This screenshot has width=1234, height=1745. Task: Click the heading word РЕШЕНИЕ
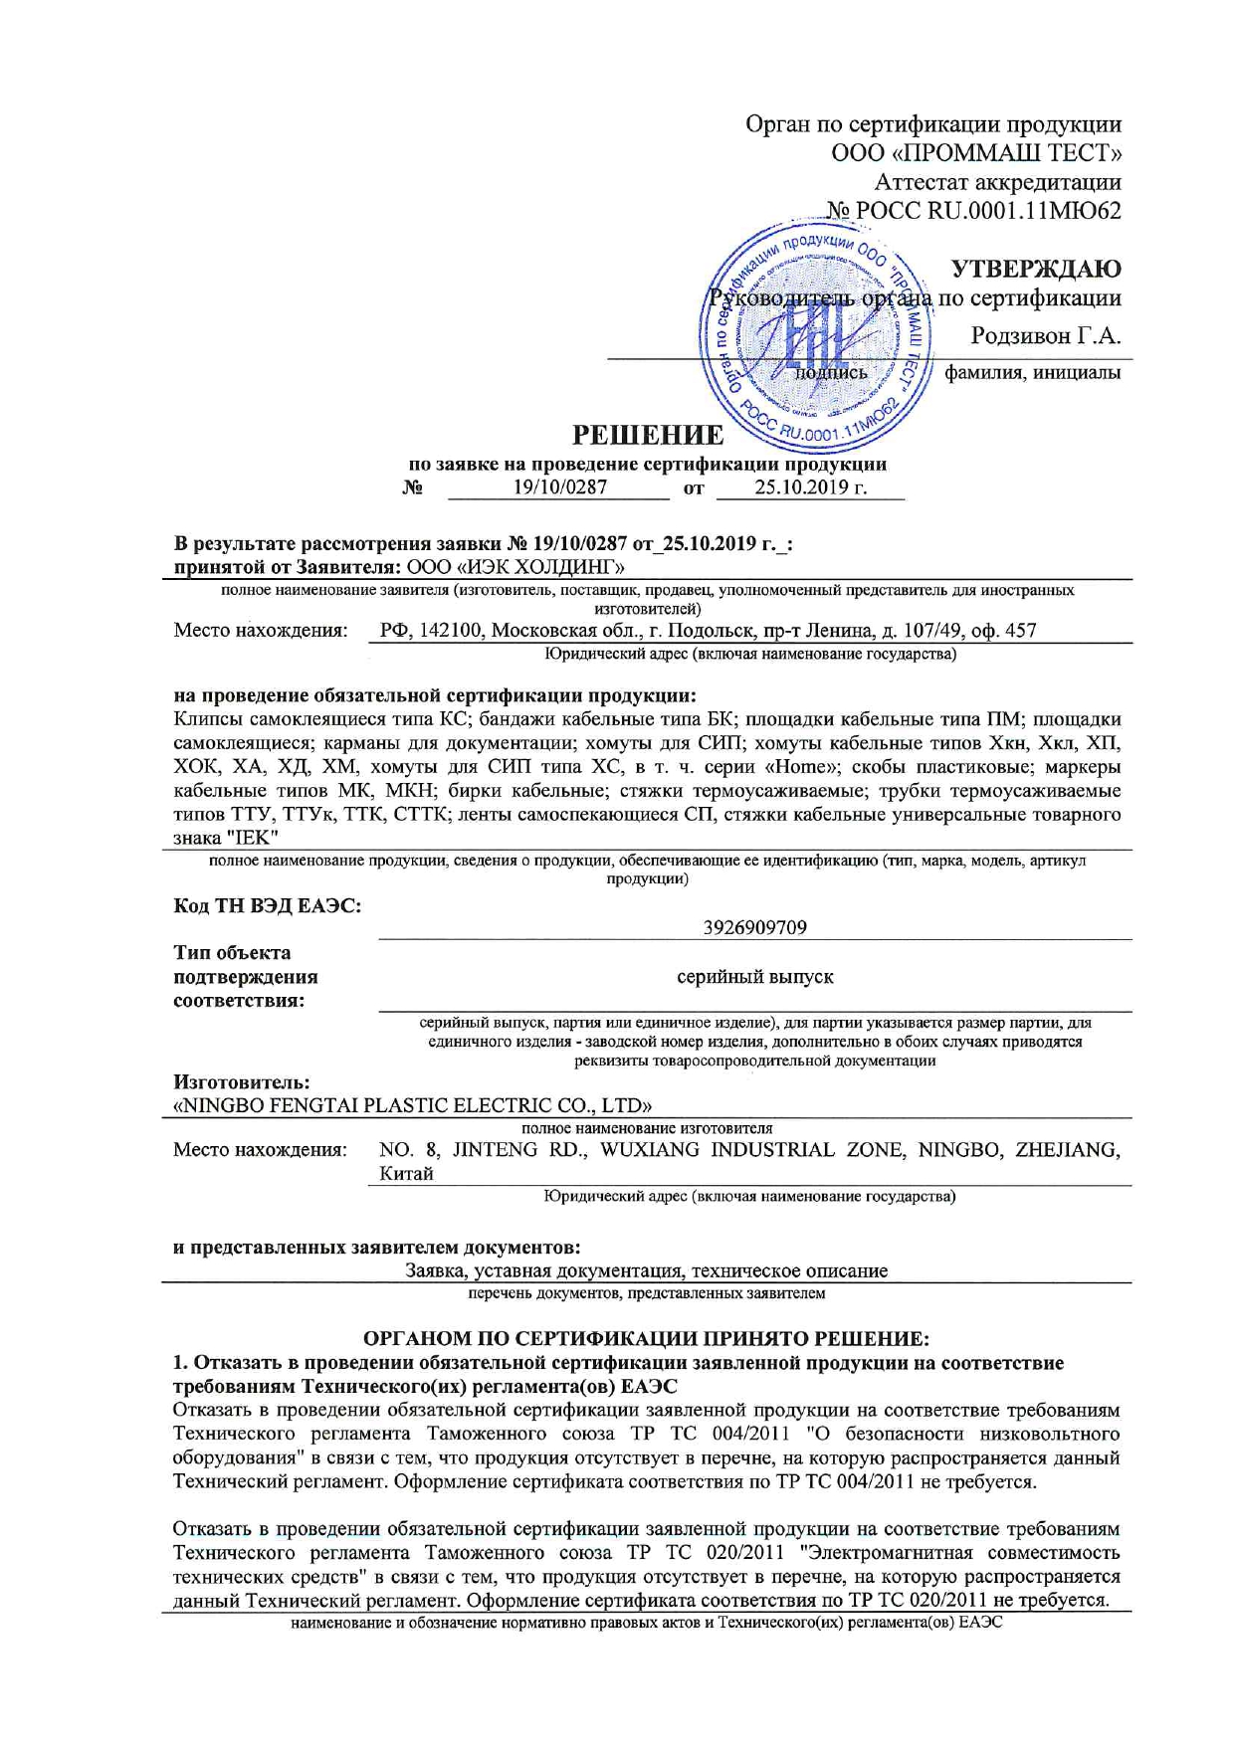[647, 436]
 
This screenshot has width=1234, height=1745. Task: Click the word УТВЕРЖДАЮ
[1036, 269]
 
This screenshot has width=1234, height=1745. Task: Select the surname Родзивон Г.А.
[1046, 336]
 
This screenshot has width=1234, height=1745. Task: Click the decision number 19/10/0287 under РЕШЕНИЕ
[559, 487]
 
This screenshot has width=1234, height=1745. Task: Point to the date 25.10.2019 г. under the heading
[810, 487]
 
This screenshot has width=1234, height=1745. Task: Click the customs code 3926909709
[754, 928]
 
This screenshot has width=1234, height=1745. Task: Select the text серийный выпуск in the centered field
[754, 977]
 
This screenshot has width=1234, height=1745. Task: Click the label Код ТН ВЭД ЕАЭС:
[267, 905]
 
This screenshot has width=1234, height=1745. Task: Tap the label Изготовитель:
[242, 1081]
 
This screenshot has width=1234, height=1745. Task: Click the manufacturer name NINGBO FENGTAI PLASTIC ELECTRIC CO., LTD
[413, 1105]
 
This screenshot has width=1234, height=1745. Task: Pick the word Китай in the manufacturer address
[406, 1174]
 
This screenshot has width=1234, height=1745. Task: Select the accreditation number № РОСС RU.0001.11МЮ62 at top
[973, 211]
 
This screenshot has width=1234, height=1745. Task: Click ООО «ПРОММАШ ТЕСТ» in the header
[976, 153]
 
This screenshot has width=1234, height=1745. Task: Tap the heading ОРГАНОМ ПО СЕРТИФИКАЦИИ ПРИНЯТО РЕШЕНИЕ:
[647, 1339]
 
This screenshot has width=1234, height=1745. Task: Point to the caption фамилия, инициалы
[1032, 373]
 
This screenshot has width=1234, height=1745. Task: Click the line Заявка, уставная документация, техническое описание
[647, 1270]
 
